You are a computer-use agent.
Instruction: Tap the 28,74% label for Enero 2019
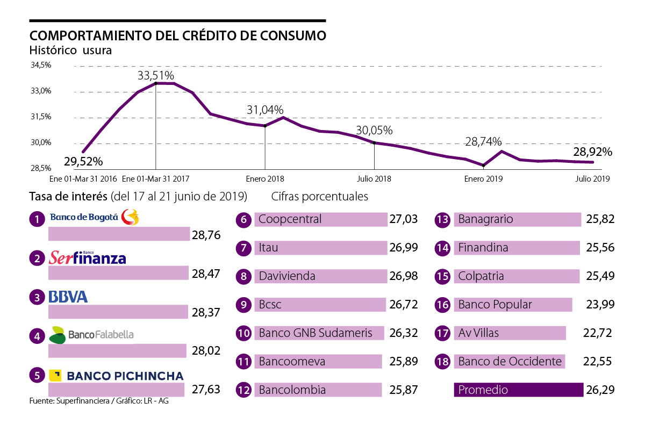click(483, 142)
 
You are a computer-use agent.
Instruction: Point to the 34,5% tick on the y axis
click(41, 65)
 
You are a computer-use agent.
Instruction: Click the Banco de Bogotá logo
click(94, 217)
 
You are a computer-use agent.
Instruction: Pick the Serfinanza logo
click(87, 258)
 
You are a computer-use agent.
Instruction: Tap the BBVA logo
click(68, 297)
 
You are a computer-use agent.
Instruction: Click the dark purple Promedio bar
click(519, 390)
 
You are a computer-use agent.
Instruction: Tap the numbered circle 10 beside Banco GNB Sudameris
click(244, 333)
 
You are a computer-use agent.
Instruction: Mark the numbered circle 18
click(442, 362)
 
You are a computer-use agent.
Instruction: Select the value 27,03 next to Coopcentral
click(403, 219)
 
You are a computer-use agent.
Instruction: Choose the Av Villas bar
click(510, 333)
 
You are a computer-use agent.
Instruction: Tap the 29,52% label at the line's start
click(83, 161)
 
